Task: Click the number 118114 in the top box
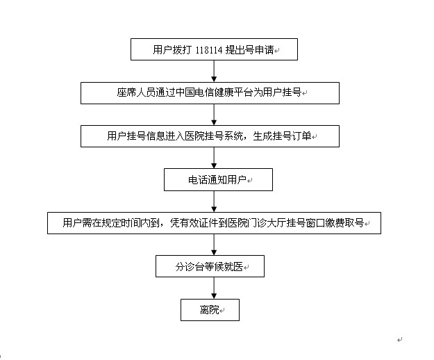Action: click(209, 50)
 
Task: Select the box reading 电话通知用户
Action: click(218, 180)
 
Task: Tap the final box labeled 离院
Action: click(210, 310)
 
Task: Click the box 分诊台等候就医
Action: click(210, 266)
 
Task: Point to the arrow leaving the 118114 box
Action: click(214, 71)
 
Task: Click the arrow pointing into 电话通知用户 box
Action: click(214, 158)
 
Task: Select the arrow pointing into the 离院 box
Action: click(214, 288)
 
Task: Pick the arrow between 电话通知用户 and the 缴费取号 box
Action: click(214, 202)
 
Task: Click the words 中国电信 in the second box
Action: click(190, 92)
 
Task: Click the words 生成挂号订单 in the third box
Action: click(282, 136)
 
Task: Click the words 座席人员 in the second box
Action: click(131, 92)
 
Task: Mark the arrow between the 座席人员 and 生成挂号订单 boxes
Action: click(214, 115)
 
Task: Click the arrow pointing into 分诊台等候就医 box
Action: click(214, 245)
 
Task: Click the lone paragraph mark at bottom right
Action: click(400, 340)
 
